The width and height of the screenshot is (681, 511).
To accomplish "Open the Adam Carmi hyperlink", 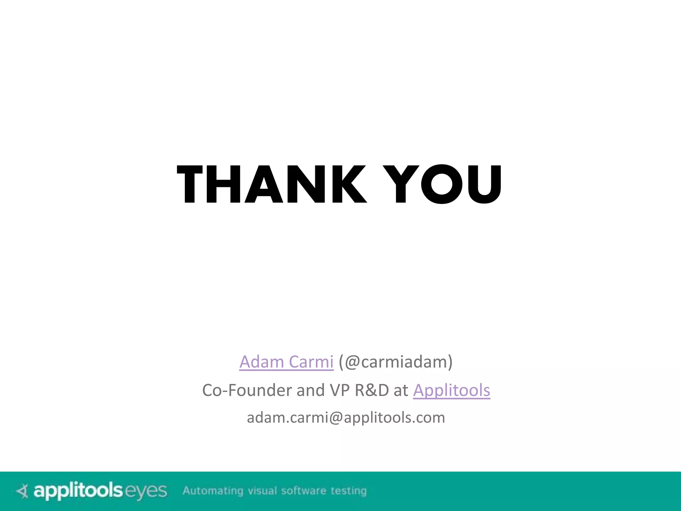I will [x=286, y=362].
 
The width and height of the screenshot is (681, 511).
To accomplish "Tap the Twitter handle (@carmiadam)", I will [x=396, y=362].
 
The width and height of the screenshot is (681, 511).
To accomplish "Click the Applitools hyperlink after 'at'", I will [x=452, y=390].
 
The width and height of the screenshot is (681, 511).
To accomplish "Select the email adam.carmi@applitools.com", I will [x=346, y=418].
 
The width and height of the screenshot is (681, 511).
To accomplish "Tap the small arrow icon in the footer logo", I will [x=23, y=491].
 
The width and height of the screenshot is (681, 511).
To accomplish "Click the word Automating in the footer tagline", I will [x=213, y=491].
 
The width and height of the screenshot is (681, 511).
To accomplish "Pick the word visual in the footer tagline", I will [x=262, y=491].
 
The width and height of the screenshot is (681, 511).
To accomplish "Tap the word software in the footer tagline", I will [x=304, y=491].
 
